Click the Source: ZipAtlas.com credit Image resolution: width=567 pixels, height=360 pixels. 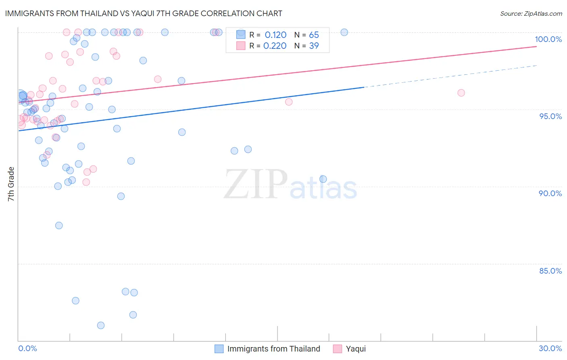coord(531,13)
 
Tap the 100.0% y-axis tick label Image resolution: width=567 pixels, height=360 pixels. coord(548,39)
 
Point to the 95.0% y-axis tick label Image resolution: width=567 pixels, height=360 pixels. coord(550,116)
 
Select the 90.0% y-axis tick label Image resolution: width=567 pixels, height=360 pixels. coord(550,193)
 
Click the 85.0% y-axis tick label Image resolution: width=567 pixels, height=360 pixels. coord(550,271)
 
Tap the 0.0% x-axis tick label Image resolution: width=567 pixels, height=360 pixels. coord(27,348)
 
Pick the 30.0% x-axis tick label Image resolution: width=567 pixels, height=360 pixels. coord(550,348)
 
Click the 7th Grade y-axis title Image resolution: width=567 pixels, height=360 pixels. coord(11,184)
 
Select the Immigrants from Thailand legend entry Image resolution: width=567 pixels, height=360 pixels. coord(273,349)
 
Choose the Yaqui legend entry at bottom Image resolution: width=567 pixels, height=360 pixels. coord(356,349)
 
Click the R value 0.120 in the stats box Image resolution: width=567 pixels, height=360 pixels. coord(275,35)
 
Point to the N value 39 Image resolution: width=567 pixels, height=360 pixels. coord(314,46)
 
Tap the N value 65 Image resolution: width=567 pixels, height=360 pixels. coord(314,35)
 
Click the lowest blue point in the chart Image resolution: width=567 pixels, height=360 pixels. coord(101,325)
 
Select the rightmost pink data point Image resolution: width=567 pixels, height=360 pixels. coord(461,93)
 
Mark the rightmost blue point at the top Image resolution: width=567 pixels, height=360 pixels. coord(344,32)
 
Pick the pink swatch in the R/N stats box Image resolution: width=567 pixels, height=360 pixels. coord(241,46)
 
